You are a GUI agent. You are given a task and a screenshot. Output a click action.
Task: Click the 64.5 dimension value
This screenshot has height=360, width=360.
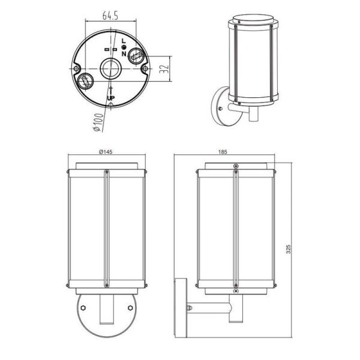point(110,16)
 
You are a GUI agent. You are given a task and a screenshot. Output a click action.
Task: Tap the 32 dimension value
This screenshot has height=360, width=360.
point(164,69)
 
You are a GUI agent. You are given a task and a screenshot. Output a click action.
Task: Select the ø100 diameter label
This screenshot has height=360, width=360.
point(98,122)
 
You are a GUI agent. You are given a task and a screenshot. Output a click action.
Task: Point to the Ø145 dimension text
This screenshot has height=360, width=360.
point(106,152)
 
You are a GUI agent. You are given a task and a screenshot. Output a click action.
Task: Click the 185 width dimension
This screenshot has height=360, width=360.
point(223,152)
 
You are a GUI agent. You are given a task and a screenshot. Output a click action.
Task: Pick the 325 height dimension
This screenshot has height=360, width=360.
point(289,249)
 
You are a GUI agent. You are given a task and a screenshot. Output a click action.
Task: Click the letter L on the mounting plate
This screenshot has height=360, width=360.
point(124,41)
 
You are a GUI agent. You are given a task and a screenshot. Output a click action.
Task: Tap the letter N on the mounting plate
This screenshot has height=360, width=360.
point(124,54)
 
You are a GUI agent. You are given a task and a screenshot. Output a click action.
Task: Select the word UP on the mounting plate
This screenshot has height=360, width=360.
point(111,98)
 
